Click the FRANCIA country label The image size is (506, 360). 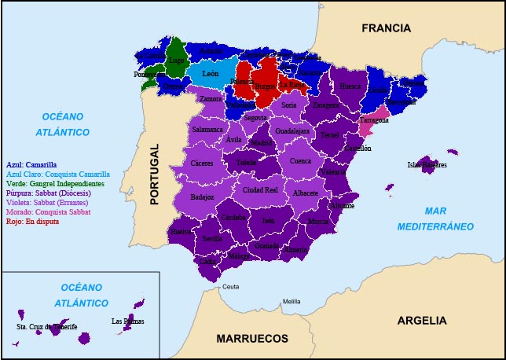click(386, 28)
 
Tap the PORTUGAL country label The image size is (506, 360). click(155, 174)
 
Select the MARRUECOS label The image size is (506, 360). click(252, 339)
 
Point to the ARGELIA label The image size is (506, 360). click(422, 321)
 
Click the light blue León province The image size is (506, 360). click(210, 73)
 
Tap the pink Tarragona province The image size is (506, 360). click(374, 120)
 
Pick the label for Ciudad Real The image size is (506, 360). click(260, 189)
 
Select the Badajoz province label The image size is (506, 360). click(202, 197)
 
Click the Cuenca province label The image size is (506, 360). click(300, 161)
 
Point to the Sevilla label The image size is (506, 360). click(212, 238)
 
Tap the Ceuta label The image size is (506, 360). click(230, 287)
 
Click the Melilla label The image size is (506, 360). click(291, 302)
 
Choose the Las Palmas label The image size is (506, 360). click(127, 321)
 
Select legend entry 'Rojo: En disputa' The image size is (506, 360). click(32, 222)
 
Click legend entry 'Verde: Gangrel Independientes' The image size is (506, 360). click(55, 183)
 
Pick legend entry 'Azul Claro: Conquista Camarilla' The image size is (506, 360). click(57, 174)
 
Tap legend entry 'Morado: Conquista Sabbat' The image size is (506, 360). click(48, 212)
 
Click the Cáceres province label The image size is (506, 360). click(202, 163)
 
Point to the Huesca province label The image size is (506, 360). click(350, 86)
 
